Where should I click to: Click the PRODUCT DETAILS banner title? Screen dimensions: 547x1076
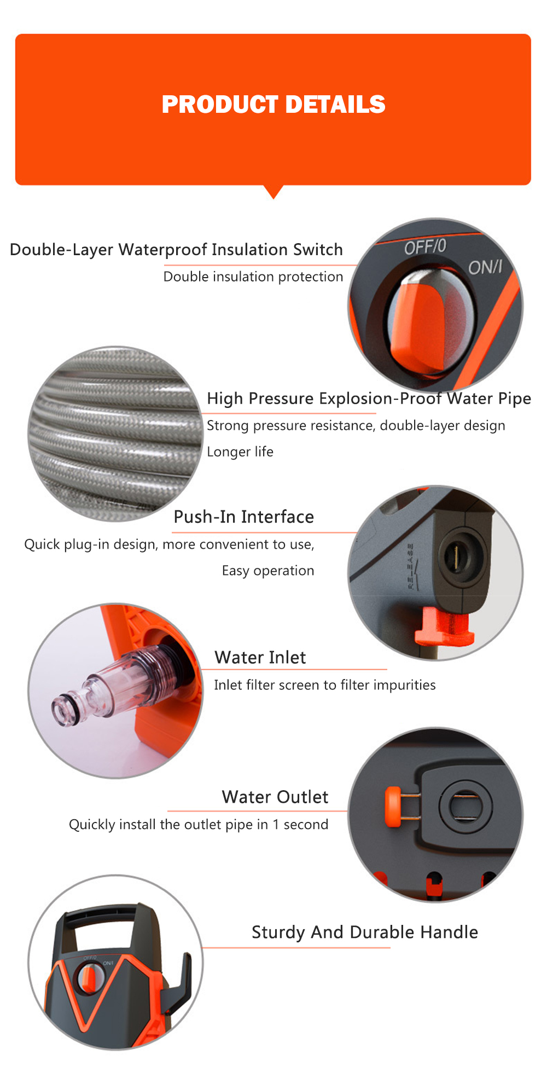pos(273,105)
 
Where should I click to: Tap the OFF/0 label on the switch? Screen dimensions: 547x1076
pos(425,247)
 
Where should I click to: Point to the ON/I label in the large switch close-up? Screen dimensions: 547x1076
pos(485,267)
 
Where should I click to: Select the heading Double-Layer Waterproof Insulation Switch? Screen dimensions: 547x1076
pos(176,250)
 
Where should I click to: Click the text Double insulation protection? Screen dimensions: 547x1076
pos(253,277)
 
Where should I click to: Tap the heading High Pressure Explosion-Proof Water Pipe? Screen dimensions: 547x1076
pos(369,399)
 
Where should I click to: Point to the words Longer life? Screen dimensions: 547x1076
pos(240,452)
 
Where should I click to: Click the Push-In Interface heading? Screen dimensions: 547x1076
pos(244,517)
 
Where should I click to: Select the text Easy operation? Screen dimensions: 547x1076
pos(268,571)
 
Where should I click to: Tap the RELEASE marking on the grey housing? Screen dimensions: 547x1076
pos(411,566)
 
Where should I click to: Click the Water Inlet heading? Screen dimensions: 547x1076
pos(260,658)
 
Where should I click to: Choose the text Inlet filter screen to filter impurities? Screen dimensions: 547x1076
pos(325,685)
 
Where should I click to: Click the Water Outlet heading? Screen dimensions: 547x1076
pos(275,797)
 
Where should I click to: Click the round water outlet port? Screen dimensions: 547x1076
pos(465,805)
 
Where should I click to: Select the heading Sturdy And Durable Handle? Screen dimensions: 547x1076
pos(365,933)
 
